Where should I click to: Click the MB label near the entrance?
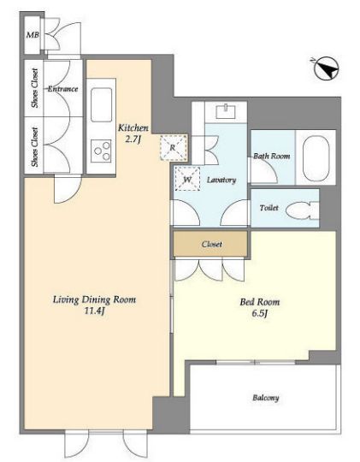(32, 35)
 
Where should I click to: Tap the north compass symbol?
(327, 68)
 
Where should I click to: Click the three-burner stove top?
(102, 151)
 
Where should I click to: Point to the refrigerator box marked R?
(174, 147)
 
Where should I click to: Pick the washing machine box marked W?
(187, 179)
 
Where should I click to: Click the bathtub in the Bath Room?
(316, 158)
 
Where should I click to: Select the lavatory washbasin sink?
(226, 112)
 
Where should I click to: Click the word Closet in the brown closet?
(212, 244)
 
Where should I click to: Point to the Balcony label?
(265, 398)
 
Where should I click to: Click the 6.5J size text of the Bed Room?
(260, 313)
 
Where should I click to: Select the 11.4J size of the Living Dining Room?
(94, 311)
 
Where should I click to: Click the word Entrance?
(63, 89)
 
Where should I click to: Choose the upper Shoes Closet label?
(35, 88)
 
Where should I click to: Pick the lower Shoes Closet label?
(35, 147)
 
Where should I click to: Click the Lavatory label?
(221, 180)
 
